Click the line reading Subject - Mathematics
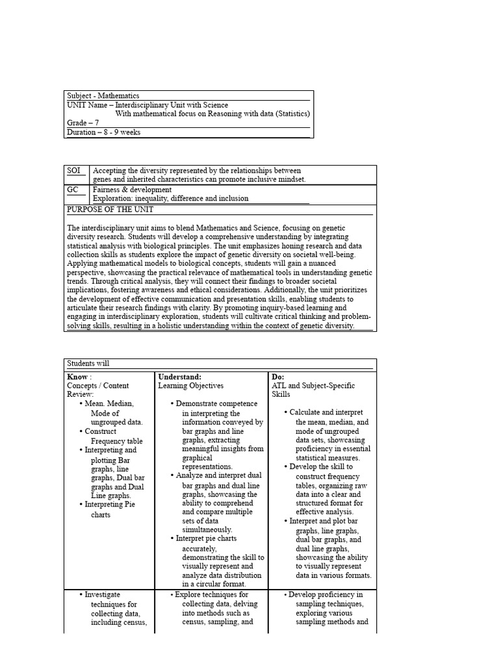(103, 95)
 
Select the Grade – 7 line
(83, 123)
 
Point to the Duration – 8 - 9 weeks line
(103, 132)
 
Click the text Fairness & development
(133, 190)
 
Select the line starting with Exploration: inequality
(170, 199)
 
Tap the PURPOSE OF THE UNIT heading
(110, 210)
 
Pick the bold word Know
(78, 377)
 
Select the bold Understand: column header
(180, 377)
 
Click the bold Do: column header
(278, 377)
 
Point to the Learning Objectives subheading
(190, 386)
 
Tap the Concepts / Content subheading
(98, 386)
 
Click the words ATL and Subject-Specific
(313, 386)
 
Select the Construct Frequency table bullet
(110, 436)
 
